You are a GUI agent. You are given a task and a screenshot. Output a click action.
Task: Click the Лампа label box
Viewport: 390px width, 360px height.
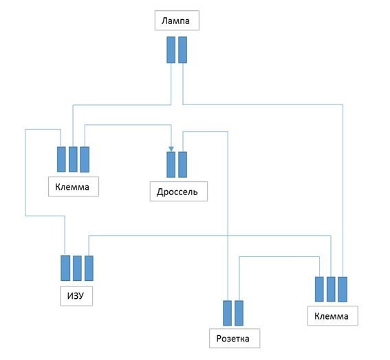177,21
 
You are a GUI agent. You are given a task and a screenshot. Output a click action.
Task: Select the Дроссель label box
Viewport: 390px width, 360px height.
179,191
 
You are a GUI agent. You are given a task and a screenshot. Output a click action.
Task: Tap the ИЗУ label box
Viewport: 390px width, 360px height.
76,295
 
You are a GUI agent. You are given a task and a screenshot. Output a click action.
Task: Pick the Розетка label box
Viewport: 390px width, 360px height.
235,338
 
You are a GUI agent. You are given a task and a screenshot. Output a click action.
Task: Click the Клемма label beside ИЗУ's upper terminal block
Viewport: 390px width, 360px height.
74,187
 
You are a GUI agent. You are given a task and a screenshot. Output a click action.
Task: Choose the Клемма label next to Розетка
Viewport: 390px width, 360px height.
332,316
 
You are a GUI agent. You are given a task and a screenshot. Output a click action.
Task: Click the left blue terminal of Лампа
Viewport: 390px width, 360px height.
171,50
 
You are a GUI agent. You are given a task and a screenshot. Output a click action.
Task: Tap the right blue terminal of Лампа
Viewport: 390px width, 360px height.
183,50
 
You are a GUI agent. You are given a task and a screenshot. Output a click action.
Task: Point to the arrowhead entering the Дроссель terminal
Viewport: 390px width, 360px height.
171,149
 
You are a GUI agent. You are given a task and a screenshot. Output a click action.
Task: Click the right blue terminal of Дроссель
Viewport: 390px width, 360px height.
183,164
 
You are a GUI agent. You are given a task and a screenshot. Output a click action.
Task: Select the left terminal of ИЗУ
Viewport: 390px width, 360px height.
65,268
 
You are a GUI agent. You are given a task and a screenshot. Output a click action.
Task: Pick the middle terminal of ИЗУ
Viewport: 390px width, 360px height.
77,269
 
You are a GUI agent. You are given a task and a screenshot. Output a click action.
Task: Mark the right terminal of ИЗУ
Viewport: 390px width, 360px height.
89,269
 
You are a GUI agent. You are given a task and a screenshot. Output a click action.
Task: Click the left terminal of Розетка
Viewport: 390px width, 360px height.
228,313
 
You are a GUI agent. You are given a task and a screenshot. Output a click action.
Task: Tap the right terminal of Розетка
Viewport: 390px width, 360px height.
239,313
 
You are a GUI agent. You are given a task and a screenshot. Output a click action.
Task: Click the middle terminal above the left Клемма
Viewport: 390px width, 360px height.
73,159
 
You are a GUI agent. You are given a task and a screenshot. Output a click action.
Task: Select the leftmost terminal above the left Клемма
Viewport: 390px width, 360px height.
61,159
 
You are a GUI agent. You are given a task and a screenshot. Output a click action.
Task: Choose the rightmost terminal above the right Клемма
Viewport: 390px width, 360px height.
343,289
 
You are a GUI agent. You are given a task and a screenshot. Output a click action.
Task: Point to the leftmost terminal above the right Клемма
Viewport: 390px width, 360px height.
319,289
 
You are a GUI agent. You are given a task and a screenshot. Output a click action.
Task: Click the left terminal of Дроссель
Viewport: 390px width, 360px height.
171,164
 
